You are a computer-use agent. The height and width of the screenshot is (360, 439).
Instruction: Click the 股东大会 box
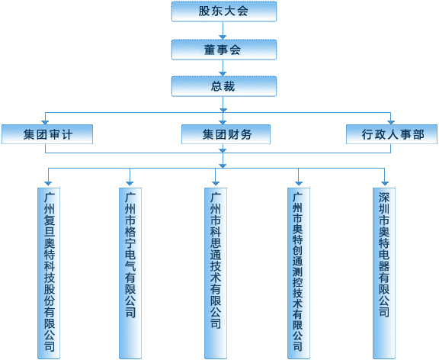[224, 11]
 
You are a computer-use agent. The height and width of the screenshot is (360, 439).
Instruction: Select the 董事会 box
[224, 50]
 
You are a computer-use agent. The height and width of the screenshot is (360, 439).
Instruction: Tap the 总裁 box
[224, 86]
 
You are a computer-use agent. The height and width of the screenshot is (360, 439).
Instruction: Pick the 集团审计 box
[47, 134]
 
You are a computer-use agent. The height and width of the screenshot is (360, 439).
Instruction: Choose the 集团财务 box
[226, 134]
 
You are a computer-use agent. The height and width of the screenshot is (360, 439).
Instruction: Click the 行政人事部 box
[392, 134]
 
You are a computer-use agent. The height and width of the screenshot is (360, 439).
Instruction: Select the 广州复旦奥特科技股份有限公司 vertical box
[49, 273]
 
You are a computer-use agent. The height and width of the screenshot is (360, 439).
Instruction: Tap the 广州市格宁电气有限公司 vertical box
[130, 273]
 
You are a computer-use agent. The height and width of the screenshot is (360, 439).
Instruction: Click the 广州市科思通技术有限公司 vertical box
[216, 273]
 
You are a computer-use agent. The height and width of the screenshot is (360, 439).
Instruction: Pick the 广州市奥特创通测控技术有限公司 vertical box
[299, 273]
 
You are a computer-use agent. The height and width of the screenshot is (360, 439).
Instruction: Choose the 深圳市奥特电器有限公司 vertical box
[384, 273]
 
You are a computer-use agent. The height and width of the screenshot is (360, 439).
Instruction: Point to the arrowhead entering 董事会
[223, 37]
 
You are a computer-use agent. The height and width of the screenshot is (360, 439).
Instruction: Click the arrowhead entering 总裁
[223, 74]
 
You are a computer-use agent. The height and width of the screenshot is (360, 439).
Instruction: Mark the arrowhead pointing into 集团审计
[45, 123]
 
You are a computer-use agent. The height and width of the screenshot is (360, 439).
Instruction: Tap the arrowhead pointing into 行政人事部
[391, 123]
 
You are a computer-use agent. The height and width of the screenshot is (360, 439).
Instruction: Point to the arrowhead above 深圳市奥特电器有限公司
[385, 184]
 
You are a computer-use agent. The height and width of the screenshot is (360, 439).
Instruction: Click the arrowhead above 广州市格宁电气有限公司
[130, 184]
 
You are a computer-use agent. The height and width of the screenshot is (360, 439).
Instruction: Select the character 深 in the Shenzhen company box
[384, 198]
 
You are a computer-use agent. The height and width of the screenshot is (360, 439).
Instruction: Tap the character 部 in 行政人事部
[418, 134]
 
